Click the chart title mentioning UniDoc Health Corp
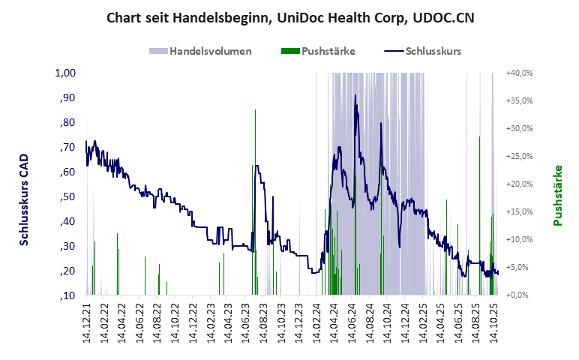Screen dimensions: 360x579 pyautogui.click(x=289, y=17)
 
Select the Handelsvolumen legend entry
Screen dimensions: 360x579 pyautogui.click(x=200, y=52)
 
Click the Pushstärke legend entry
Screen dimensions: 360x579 pyautogui.click(x=318, y=52)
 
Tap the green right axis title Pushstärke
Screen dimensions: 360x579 pyautogui.click(x=557, y=195)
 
